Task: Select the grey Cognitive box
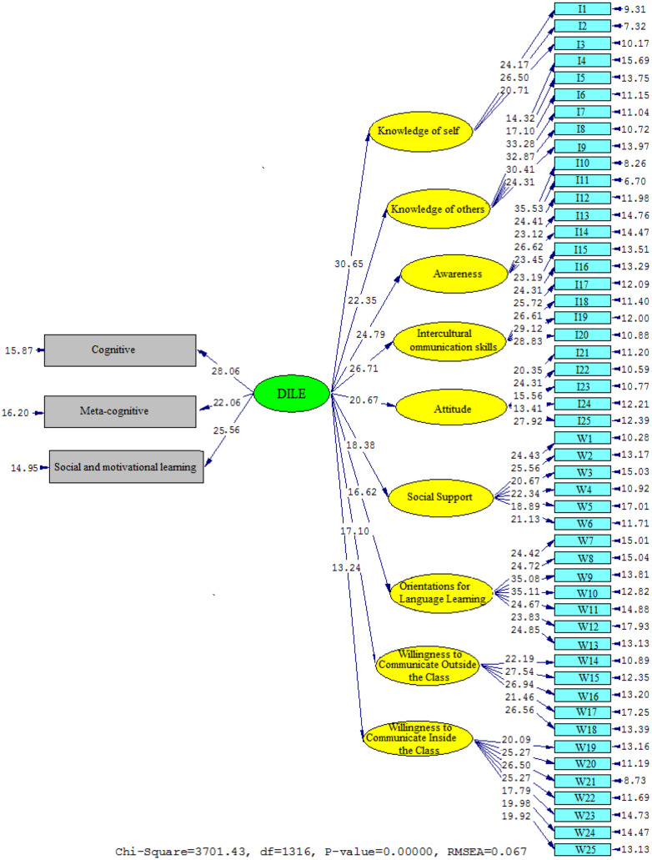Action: (x=120, y=350)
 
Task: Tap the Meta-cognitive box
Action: (x=120, y=411)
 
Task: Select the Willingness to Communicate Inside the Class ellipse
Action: (x=417, y=738)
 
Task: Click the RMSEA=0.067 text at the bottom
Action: (x=428, y=852)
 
